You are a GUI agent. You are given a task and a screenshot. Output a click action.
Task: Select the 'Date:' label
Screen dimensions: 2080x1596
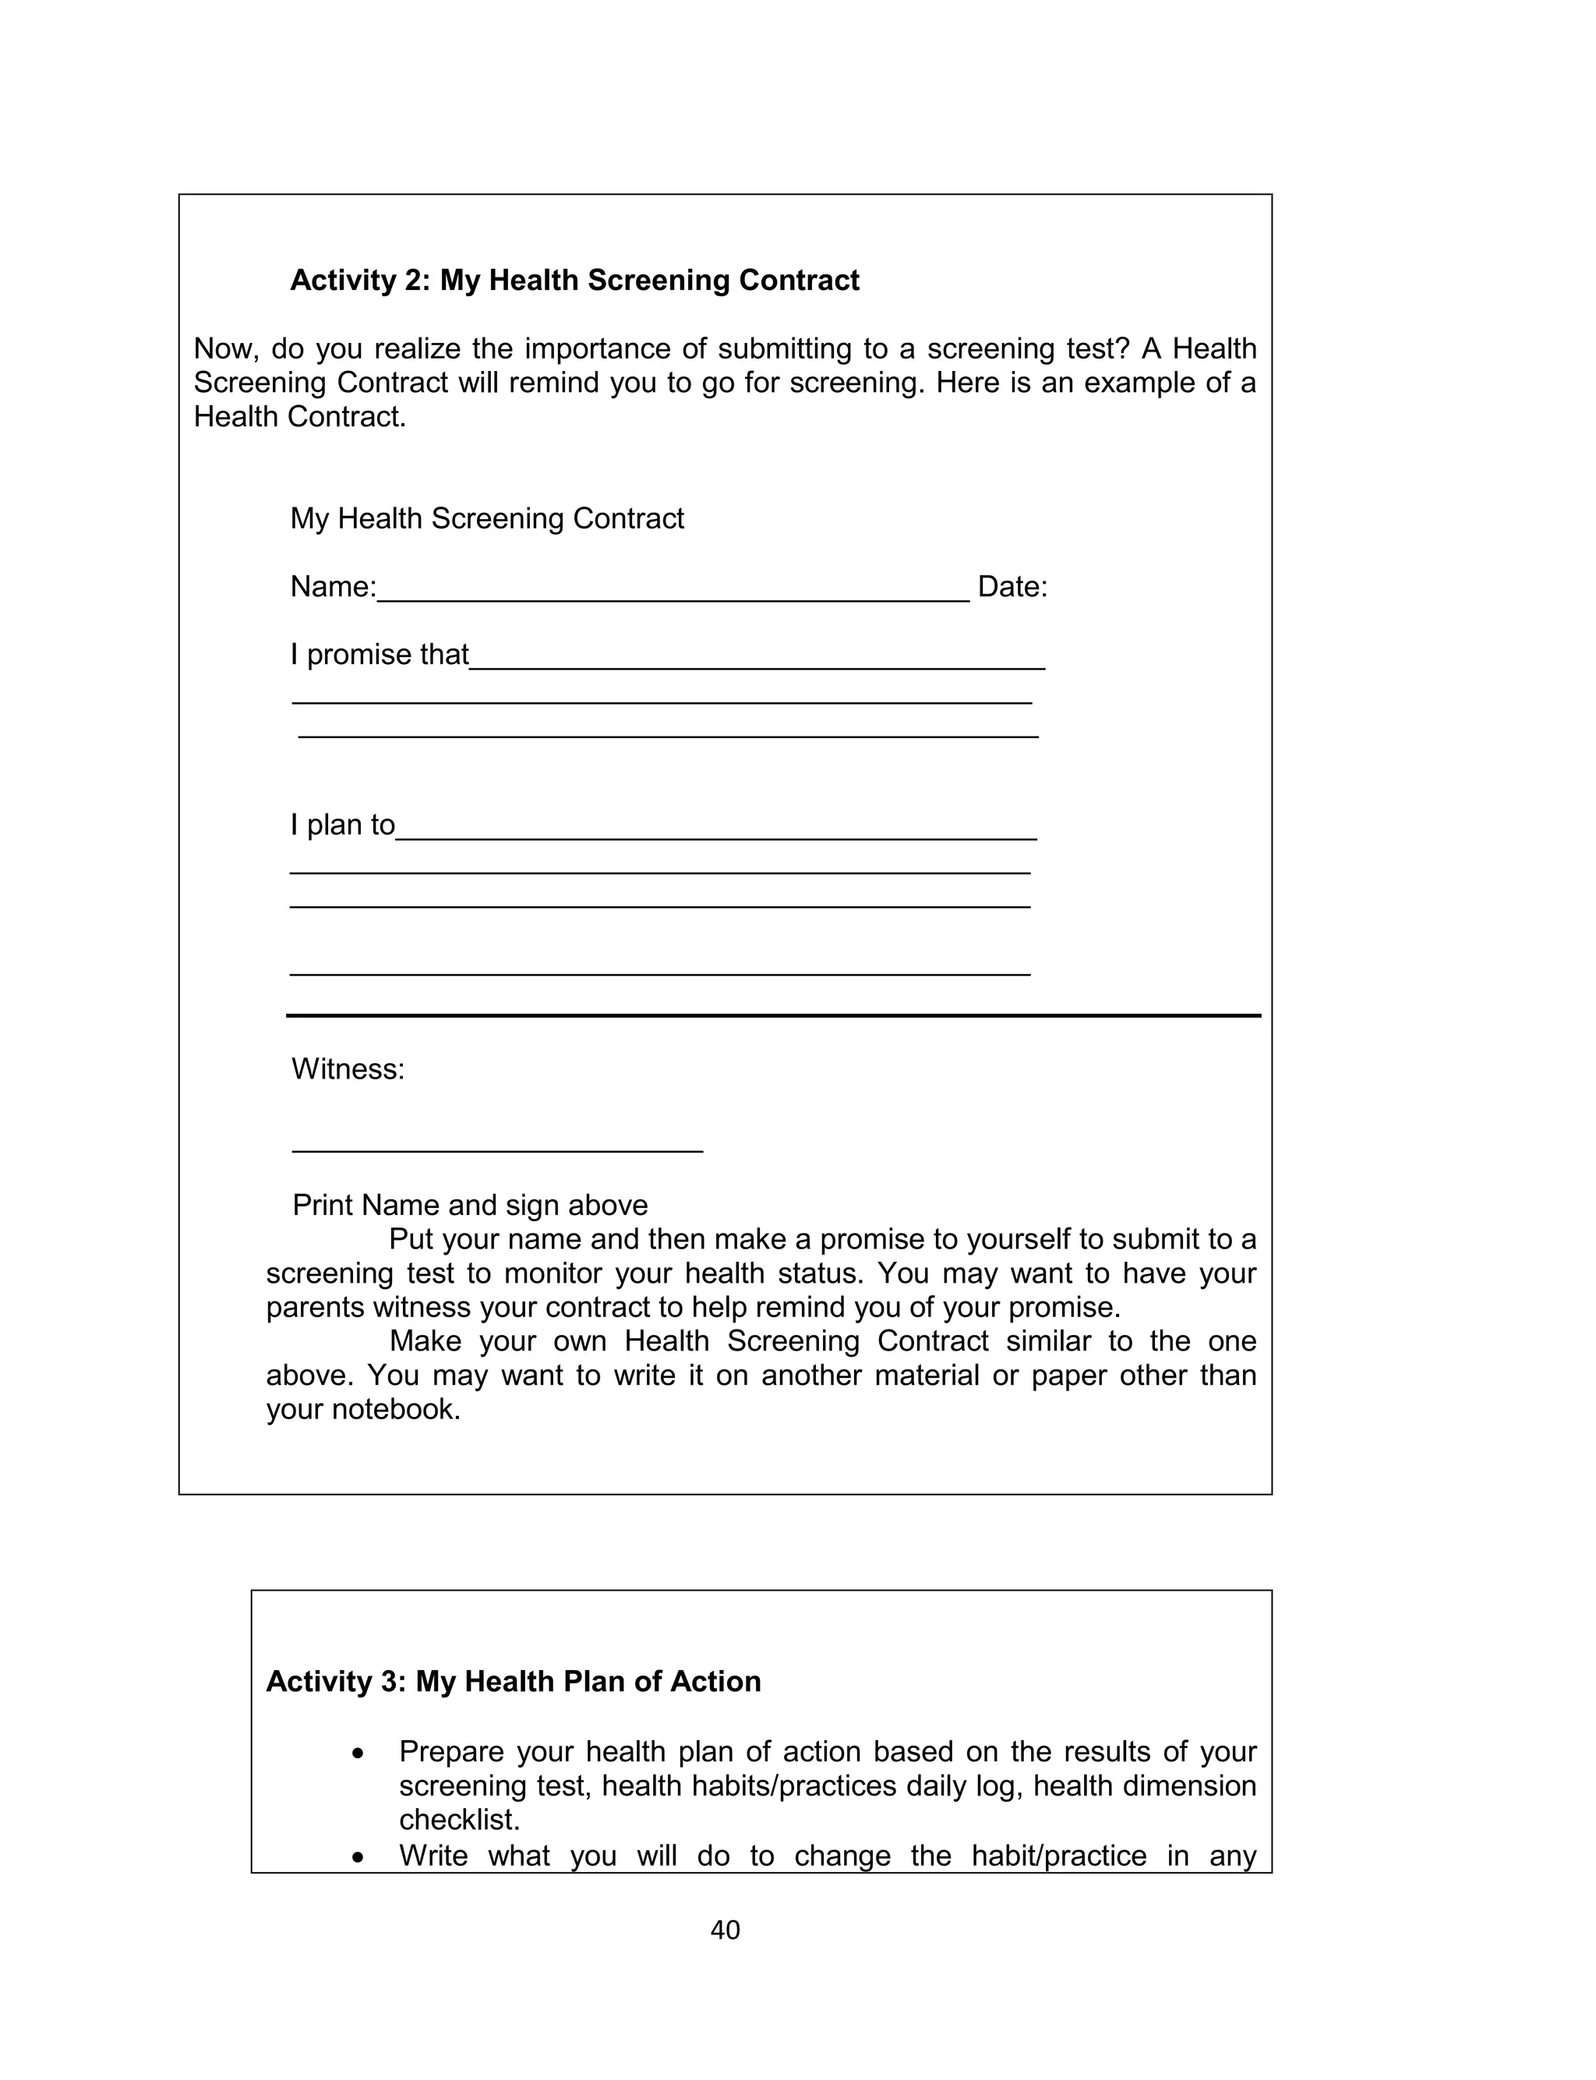click(x=1012, y=587)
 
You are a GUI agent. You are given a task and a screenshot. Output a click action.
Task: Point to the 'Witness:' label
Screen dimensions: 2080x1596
click(x=348, y=1069)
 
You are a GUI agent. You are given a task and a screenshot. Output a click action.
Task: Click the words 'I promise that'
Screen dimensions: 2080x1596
click(x=379, y=655)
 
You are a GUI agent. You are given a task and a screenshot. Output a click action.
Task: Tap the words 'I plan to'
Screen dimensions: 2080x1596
click(x=342, y=825)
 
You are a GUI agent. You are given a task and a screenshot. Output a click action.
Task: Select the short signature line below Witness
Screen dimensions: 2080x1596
click(x=497, y=1151)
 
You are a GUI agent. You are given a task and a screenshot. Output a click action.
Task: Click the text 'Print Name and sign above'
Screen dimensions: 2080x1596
click(x=469, y=1206)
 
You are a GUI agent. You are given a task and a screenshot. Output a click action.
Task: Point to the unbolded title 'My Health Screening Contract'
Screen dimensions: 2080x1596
click(x=486, y=518)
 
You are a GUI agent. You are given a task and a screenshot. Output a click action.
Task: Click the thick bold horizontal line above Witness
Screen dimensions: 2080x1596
click(x=773, y=1015)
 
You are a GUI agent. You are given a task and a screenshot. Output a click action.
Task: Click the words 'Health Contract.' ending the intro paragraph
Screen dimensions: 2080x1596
click(x=299, y=417)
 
